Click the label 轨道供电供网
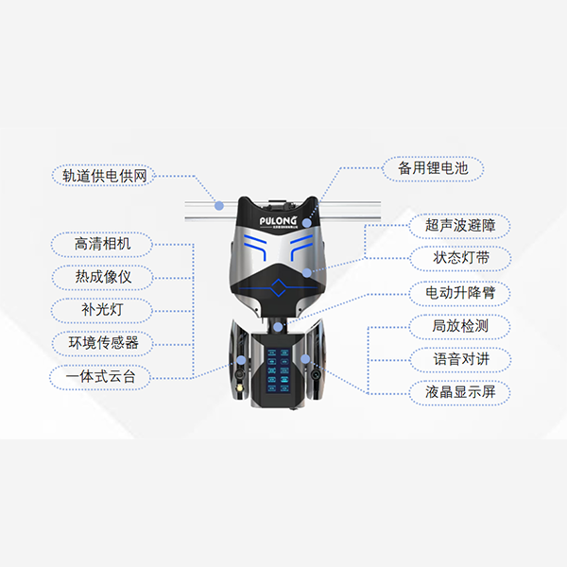[x=103, y=175]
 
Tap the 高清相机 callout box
[x=103, y=244]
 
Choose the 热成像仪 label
[x=103, y=277]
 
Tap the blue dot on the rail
[x=218, y=203]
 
